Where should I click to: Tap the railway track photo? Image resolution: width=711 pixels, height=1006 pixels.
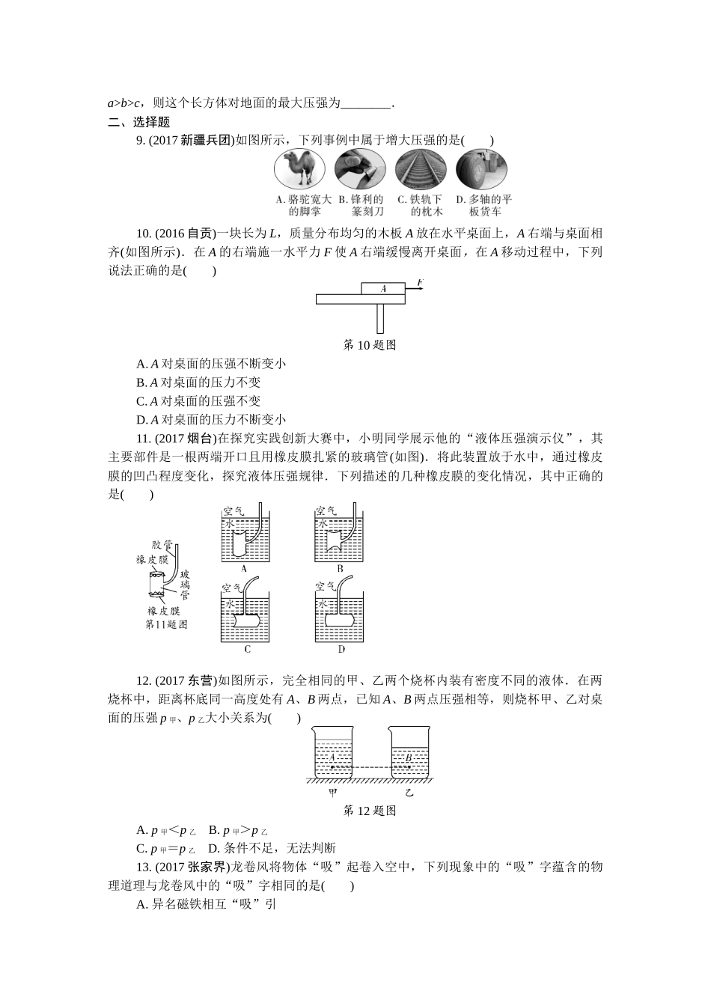[420, 170]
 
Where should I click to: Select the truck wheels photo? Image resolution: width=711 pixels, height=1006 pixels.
[481, 170]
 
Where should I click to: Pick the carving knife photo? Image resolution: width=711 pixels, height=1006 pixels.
[360, 170]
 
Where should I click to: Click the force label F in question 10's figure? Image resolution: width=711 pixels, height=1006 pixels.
[421, 282]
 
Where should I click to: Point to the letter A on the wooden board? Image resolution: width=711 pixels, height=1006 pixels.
[382, 288]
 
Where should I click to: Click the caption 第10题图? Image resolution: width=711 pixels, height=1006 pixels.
[368, 345]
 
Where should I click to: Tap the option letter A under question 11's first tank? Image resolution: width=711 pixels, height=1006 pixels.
[243, 569]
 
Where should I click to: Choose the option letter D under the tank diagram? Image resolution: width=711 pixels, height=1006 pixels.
[341, 649]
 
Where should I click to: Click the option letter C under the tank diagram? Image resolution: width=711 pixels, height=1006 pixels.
[247, 649]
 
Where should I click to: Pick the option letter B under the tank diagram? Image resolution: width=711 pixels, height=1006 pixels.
[339, 569]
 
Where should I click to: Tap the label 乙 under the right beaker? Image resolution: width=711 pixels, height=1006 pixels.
[409, 792]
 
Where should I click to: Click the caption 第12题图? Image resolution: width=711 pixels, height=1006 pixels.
[368, 811]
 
